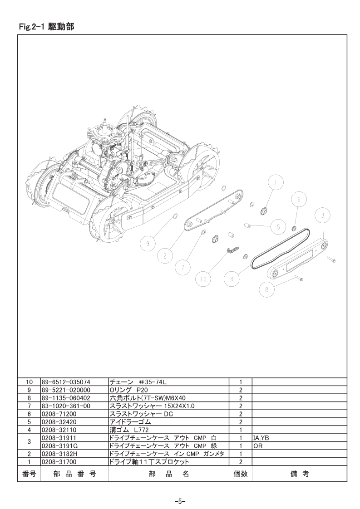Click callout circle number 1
(x=276, y=182)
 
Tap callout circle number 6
(x=299, y=200)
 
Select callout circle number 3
(x=322, y=216)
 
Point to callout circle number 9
(x=148, y=244)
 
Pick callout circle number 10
(x=203, y=279)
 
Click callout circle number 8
(x=267, y=290)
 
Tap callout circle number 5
(x=278, y=227)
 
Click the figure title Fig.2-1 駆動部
(x=47, y=27)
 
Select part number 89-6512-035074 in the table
(x=66, y=382)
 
